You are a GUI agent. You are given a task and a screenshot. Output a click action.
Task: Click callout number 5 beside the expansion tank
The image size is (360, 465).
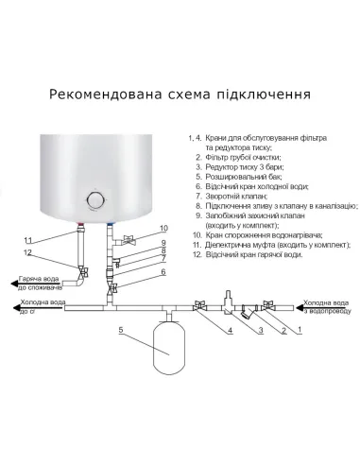(122, 331)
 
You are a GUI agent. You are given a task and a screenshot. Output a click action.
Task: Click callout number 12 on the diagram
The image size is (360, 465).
(27, 253)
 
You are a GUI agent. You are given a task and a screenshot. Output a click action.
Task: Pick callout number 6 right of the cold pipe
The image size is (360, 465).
(163, 272)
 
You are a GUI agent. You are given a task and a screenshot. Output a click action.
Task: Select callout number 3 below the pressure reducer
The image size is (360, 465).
(259, 331)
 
